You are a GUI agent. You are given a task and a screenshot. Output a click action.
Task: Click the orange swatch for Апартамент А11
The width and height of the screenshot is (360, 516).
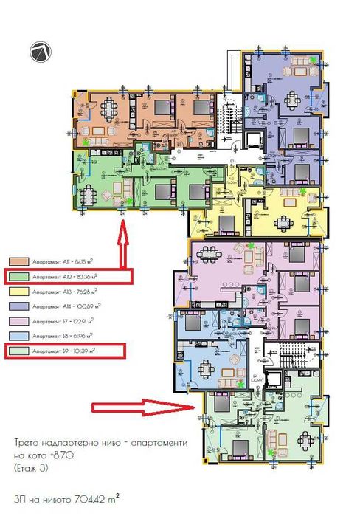click(x=17, y=261)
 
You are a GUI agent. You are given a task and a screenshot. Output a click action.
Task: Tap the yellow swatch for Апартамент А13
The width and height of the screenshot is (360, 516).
click(x=17, y=291)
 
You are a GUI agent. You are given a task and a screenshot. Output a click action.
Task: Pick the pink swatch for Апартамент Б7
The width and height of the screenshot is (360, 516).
click(x=17, y=321)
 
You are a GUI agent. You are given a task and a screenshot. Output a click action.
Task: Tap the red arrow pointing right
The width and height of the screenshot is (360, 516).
click(x=139, y=406)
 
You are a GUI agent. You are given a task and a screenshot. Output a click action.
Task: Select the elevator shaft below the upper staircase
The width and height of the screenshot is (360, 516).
click(x=256, y=140)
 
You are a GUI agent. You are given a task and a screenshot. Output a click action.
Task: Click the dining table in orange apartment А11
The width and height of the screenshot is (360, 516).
click(x=111, y=108)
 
